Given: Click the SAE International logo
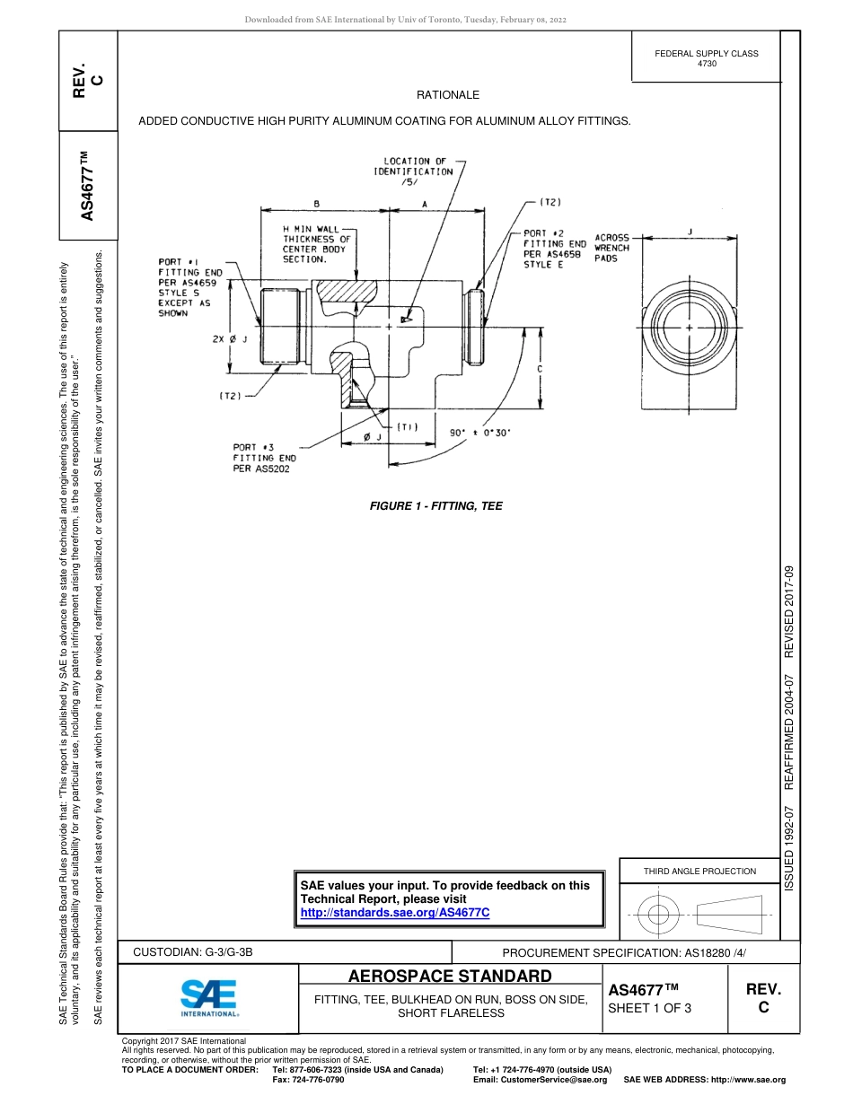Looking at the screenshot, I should coord(209,996).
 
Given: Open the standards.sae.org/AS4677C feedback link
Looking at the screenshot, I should coord(395,912).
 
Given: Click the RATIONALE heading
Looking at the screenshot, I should coord(447,95).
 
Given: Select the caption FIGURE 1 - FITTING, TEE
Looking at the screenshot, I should coord(435,506).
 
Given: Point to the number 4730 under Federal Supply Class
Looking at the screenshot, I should coord(706,64).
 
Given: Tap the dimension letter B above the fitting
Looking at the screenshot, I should coord(316,204).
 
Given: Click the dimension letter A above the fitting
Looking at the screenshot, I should coord(424,204).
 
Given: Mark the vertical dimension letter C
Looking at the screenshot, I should coord(539,369).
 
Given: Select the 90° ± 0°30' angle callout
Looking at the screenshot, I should coord(479,432).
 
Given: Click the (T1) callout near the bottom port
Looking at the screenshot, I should coord(408,427).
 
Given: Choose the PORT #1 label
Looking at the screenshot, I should coord(178,262).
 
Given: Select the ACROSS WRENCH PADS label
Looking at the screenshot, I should coord(612,248).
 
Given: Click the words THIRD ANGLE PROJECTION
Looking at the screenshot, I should coord(699,871).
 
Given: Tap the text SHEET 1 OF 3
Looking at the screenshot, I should coord(649,1008).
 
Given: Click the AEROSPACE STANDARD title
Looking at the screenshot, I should coord(450,976).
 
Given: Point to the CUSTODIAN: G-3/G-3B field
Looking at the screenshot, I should coord(199,952).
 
